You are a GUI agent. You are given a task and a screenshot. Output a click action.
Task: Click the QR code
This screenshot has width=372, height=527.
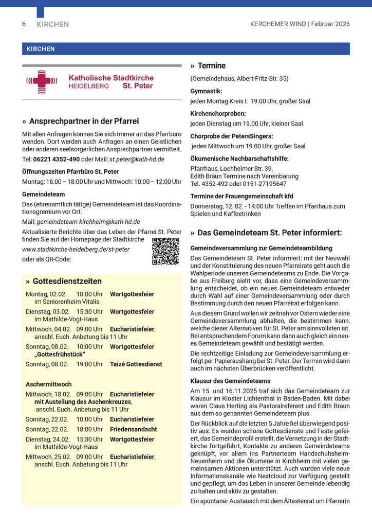(165, 251)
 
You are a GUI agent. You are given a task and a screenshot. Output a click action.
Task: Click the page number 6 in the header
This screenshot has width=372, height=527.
(24, 24)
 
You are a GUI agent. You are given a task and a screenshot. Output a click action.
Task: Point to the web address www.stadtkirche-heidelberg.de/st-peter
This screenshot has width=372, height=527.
(76, 249)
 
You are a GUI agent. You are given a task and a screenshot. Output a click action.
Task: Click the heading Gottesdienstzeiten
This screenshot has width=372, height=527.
(67, 281)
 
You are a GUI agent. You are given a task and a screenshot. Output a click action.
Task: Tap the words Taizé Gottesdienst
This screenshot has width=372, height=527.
(136, 364)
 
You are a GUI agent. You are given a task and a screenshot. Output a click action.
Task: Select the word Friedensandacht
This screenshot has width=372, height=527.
(134, 429)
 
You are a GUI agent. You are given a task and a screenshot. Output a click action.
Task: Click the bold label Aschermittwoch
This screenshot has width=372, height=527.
(49, 384)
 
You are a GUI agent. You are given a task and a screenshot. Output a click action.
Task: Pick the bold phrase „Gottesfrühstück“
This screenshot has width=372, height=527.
(60, 355)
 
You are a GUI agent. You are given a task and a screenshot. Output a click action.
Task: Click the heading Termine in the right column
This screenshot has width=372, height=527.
(211, 66)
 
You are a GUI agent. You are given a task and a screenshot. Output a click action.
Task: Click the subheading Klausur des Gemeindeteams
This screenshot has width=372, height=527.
(230, 381)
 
